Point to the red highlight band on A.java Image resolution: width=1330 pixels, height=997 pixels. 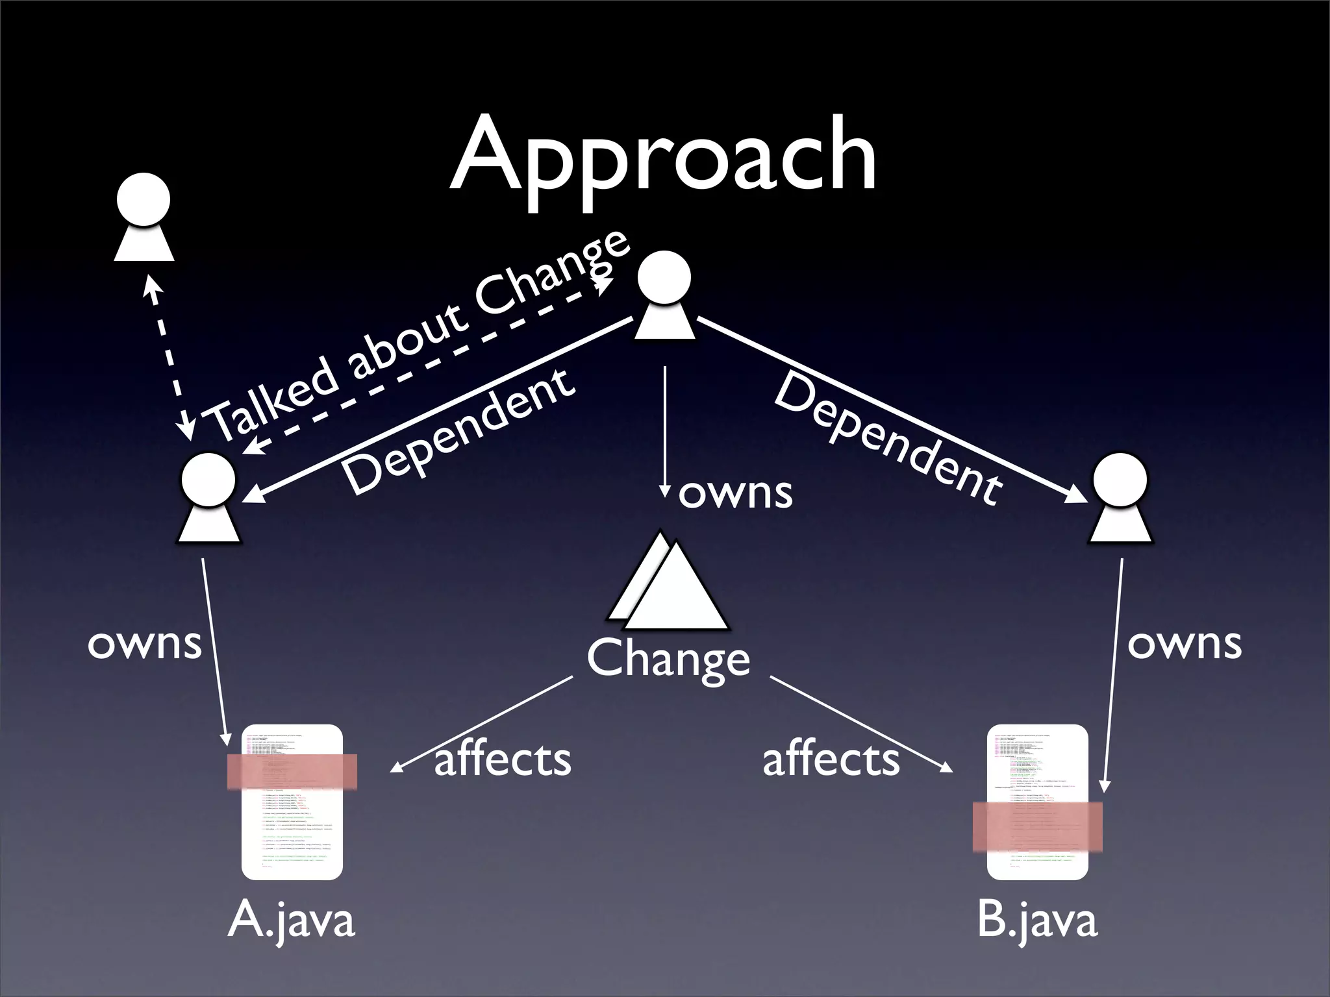[x=292, y=771]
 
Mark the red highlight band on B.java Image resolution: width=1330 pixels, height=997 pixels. [x=1037, y=826]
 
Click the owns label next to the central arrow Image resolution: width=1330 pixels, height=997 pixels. [x=735, y=493]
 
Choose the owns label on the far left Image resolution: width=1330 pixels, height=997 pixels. [x=144, y=644]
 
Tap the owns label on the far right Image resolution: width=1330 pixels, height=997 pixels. [x=1185, y=644]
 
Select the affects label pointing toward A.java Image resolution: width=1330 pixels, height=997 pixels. [x=502, y=759]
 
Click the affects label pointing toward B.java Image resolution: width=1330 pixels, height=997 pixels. [x=831, y=759]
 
